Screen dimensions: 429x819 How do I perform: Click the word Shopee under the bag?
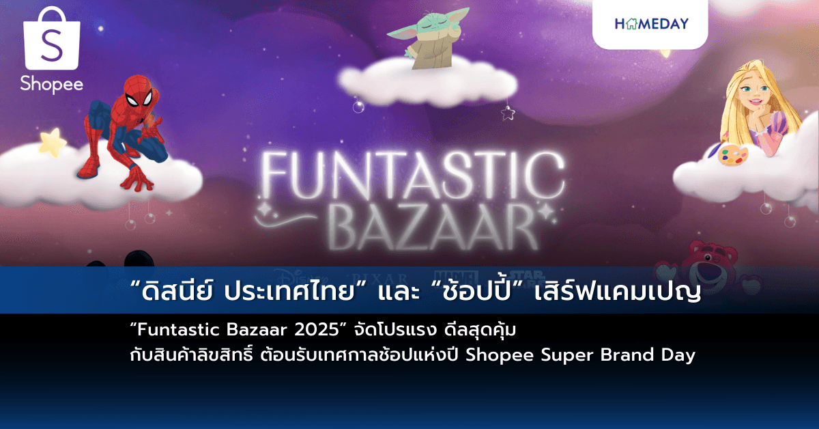[52, 84]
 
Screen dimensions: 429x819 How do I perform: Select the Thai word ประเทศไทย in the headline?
[257, 290]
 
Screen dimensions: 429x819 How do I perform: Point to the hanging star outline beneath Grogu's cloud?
[507, 113]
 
